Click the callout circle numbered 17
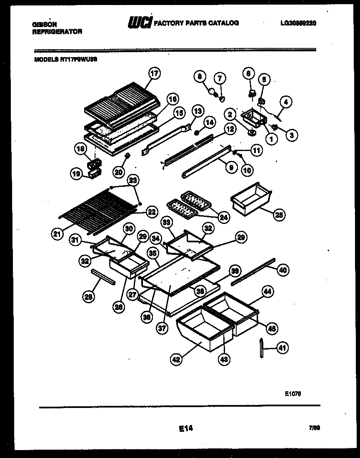point(155,74)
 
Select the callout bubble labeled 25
point(279,215)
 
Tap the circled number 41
point(282,347)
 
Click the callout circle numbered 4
point(286,101)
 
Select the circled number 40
point(282,270)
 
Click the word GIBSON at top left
point(44,25)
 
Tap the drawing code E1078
point(293,393)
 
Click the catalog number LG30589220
point(298,23)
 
